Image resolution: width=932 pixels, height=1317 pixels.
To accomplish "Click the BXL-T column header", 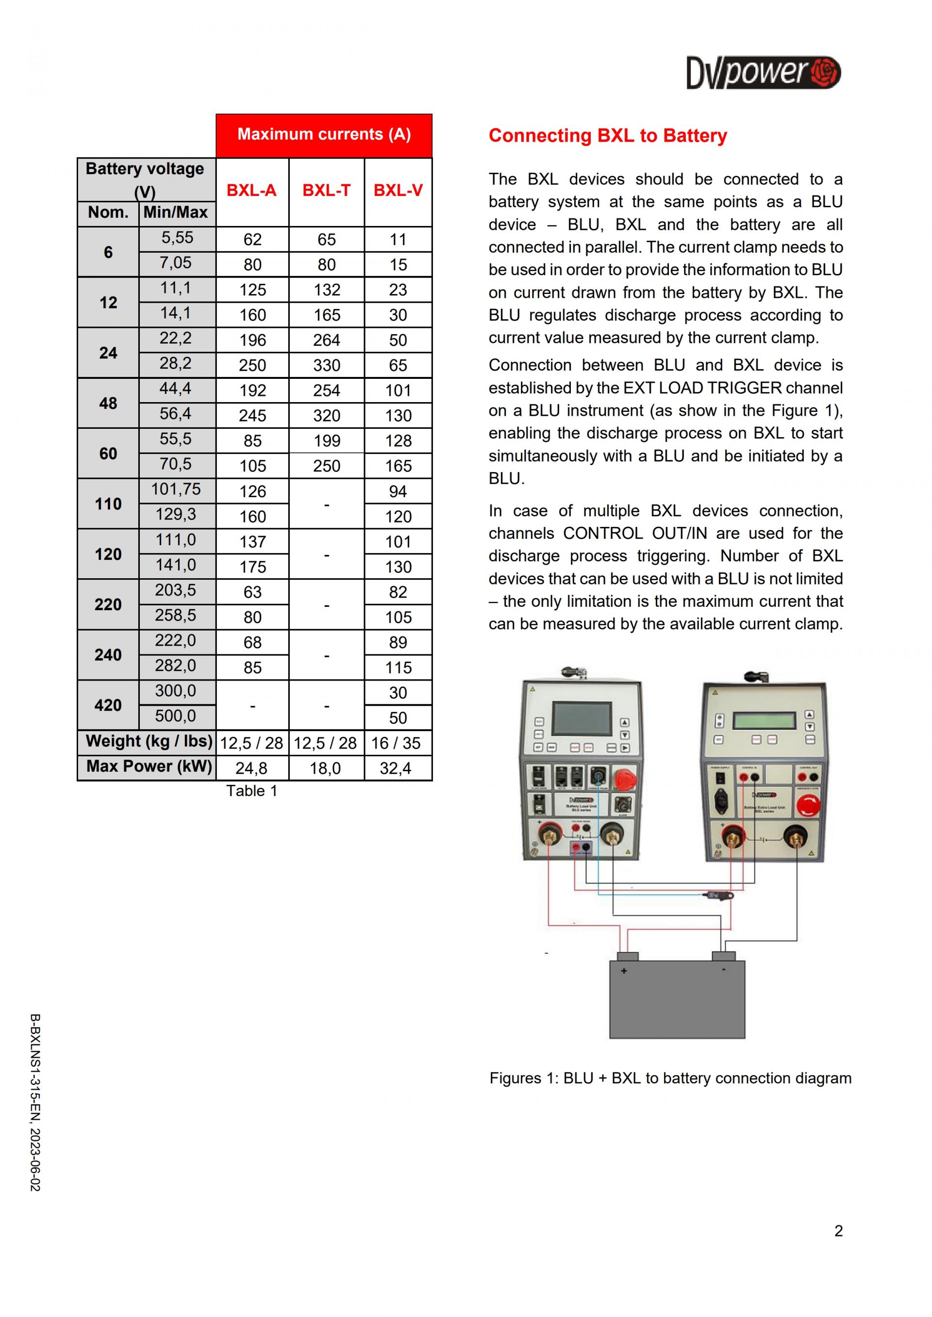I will click(x=326, y=191).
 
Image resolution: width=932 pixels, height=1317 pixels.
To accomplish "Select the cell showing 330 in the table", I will click(x=326, y=365).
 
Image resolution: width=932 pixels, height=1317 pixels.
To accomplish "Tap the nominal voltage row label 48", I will click(x=108, y=403).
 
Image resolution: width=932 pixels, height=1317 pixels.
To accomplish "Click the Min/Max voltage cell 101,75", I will click(x=176, y=489).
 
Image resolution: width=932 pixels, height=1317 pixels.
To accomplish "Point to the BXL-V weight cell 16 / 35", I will click(x=396, y=743).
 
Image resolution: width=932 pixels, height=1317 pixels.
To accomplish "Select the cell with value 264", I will click(x=326, y=340).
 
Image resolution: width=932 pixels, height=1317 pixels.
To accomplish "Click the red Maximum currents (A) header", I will click(x=324, y=135).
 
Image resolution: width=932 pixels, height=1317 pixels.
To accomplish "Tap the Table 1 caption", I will click(x=251, y=791).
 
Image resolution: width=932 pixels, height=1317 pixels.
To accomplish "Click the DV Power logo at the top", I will click(x=763, y=73).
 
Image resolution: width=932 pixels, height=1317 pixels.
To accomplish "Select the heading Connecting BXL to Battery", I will click(x=607, y=136).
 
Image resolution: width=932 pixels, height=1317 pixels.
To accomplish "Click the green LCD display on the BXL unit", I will click(x=765, y=720).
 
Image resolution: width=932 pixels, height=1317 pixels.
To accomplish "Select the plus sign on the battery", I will click(x=624, y=971).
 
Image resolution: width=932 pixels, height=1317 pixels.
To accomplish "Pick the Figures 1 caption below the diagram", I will click(x=670, y=1078).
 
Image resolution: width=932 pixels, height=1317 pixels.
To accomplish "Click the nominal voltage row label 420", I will click(x=108, y=705).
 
